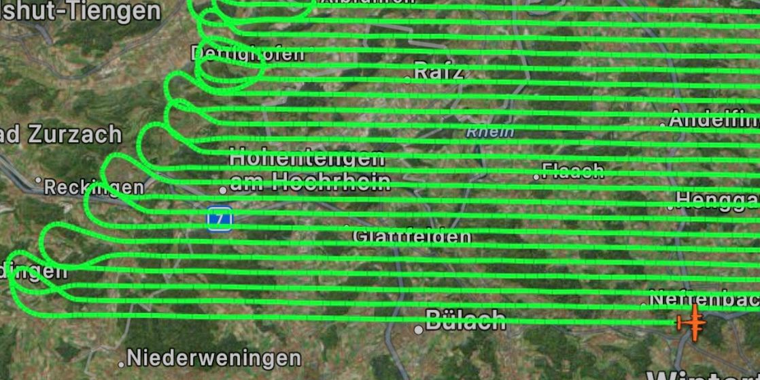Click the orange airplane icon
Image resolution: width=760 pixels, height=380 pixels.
point(692,322)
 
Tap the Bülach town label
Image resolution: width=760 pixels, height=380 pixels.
point(466,319)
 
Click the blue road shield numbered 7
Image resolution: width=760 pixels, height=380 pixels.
point(220,219)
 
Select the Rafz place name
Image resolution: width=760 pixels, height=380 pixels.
point(439,71)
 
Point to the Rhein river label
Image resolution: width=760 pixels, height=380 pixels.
point(489,131)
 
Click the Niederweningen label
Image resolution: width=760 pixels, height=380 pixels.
point(213,358)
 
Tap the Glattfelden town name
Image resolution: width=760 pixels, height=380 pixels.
point(411,237)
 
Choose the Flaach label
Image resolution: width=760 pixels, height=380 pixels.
point(573,170)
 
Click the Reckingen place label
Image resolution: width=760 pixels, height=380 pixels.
point(94,187)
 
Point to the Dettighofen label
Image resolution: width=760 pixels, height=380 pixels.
point(247,54)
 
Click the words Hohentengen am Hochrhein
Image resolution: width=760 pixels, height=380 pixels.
point(309,170)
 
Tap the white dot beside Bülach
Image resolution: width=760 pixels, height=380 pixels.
point(419,330)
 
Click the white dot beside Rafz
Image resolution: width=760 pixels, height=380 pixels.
point(408,80)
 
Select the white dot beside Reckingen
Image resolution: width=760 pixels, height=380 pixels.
point(39,181)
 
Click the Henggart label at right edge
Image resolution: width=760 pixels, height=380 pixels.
point(717,200)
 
